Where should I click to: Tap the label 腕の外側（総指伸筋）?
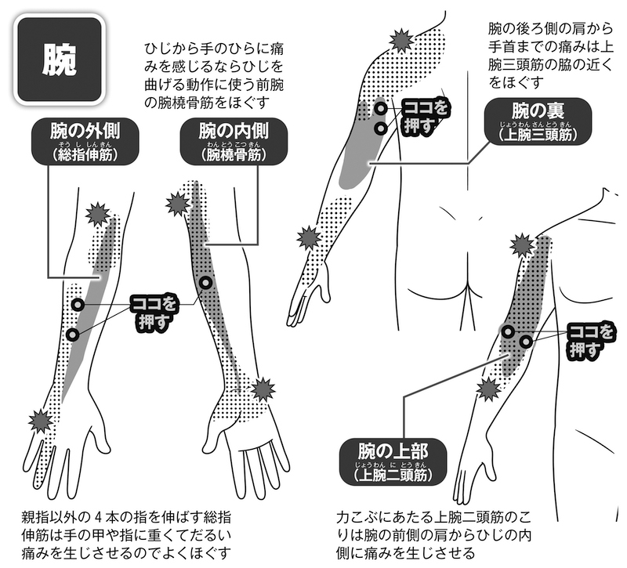[85, 142]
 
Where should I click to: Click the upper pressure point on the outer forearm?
[78, 304]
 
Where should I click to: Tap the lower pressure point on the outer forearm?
[73, 334]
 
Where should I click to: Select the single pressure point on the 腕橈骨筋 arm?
[205, 283]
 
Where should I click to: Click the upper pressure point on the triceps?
[379, 109]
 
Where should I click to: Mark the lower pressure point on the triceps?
[380, 128]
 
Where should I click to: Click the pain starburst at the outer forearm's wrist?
[40, 421]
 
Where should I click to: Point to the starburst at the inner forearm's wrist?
[263, 389]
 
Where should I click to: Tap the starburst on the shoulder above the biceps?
[521, 245]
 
